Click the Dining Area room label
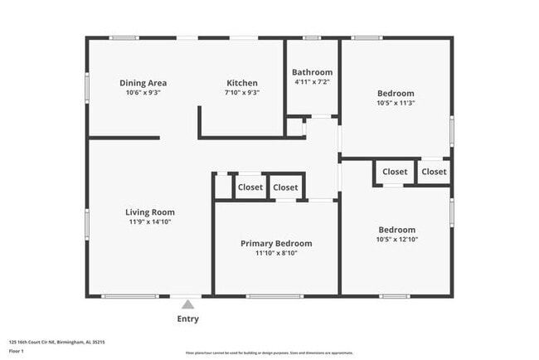tap(143, 83)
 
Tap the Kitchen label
tap(242, 83)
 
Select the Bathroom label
tap(312, 72)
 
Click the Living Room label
tap(150, 212)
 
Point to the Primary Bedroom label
tap(276, 243)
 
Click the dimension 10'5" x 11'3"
tap(396, 104)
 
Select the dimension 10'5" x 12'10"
tap(396, 240)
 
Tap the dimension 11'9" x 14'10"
tap(150, 222)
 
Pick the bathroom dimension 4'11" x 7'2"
tap(312, 82)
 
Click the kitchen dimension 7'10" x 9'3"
tap(242, 93)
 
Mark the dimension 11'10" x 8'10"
tap(276, 253)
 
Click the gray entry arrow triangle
tap(187, 304)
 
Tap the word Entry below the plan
tap(187, 319)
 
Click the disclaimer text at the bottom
tap(269, 353)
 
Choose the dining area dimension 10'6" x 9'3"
tap(143, 93)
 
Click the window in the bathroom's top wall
tap(312, 37)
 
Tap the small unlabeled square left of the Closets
tap(222, 187)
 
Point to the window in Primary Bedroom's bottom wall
tap(274, 296)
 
